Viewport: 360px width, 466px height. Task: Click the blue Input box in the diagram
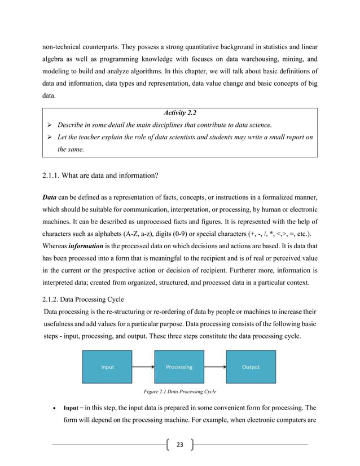pyautogui.click(x=107, y=367)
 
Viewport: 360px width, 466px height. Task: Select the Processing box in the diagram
pyautogui.click(x=179, y=367)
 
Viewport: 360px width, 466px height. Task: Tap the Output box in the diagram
pyautogui.click(x=251, y=367)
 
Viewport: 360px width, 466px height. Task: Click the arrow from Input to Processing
pyautogui.click(x=143, y=367)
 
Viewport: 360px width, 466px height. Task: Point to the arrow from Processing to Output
pyautogui.click(x=214, y=367)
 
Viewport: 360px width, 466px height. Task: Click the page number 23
pyautogui.click(x=179, y=445)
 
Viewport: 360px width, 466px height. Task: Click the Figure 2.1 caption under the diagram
pyautogui.click(x=181, y=391)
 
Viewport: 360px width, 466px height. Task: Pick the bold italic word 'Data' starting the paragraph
pyautogui.click(x=51, y=198)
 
